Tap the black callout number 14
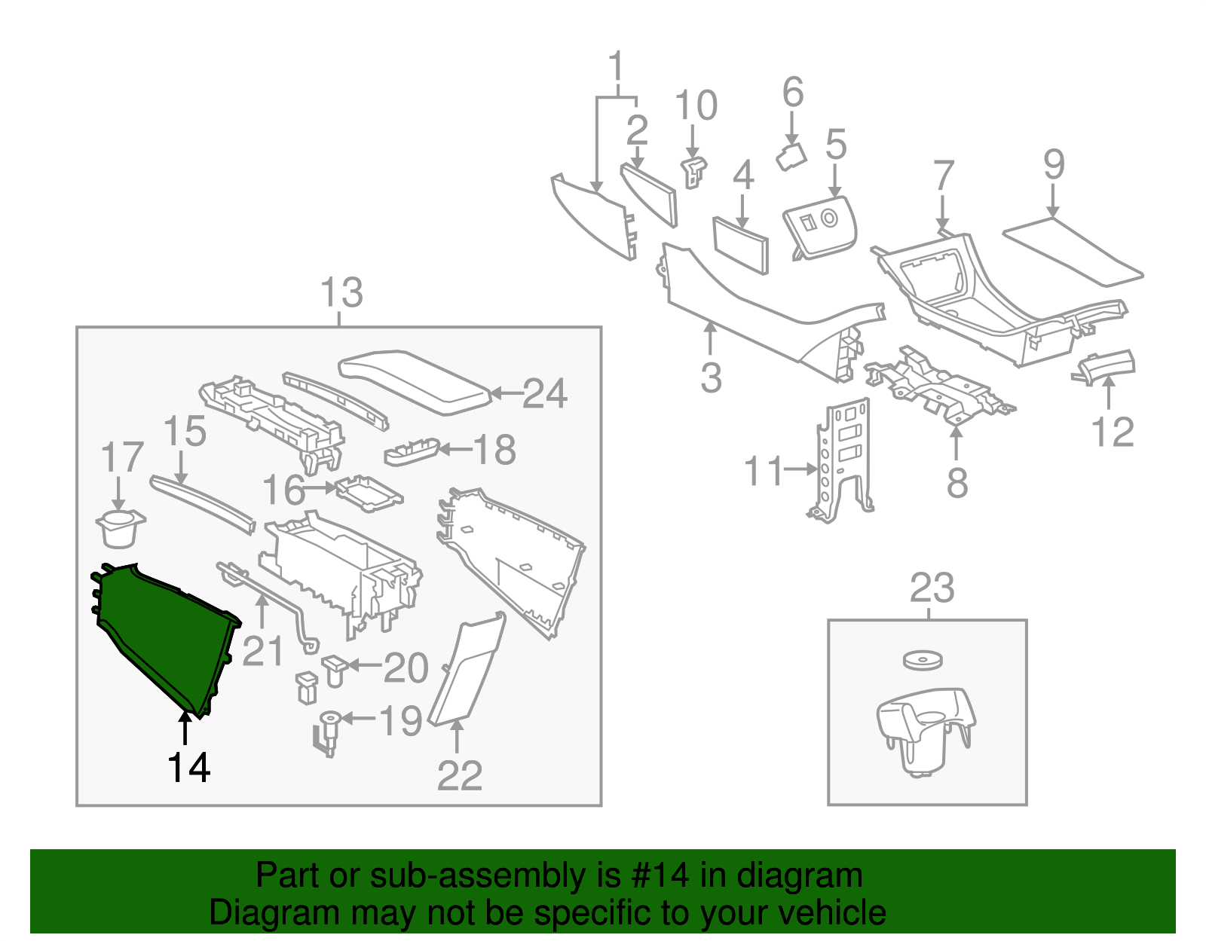coord(188,768)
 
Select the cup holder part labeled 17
coord(120,529)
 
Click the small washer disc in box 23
coord(923,661)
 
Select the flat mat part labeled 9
coord(1072,252)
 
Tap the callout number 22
coord(460,775)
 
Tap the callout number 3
coord(711,377)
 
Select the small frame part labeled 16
coord(368,493)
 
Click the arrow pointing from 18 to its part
coord(455,450)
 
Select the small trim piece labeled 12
coord(1105,365)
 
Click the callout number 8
coord(957,482)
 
